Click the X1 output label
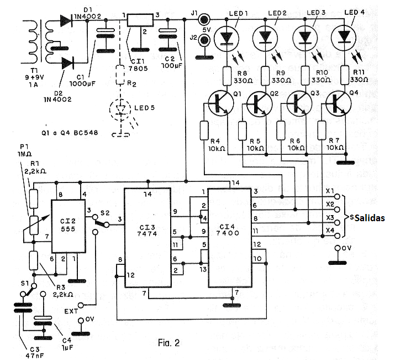pyautogui.click(x=330, y=192)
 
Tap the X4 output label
pyautogui.click(x=330, y=230)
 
